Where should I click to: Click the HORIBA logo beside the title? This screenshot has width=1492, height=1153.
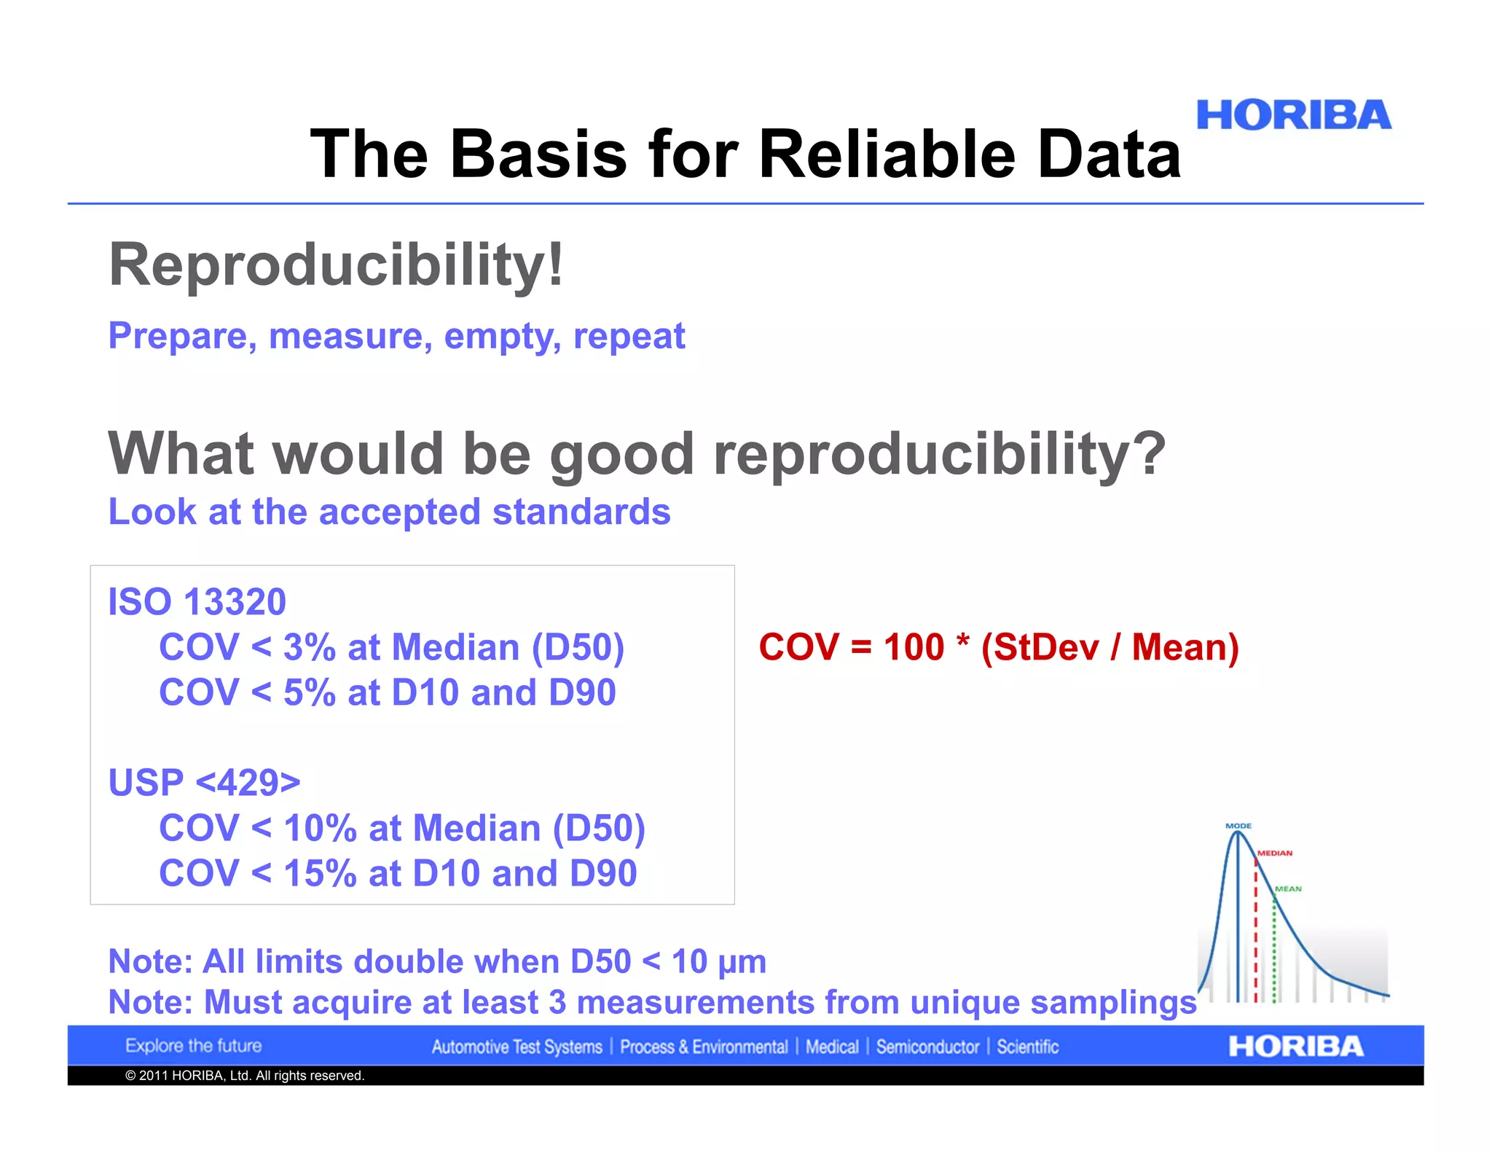[x=1293, y=116]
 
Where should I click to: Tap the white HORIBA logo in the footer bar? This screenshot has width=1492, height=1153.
[x=1295, y=1047]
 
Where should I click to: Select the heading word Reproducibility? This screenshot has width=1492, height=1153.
[x=336, y=265]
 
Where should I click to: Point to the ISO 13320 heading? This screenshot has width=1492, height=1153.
[x=197, y=602]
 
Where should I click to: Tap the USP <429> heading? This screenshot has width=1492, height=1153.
[x=204, y=783]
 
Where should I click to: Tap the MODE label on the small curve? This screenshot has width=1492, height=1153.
[x=1238, y=826]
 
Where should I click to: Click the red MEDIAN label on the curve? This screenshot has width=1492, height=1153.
[x=1274, y=853]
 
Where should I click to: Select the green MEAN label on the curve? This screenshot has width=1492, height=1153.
[x=1287, y=888]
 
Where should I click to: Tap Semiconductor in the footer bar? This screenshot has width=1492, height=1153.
[x=927, y=1047]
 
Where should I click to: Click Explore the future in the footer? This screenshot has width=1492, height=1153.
[x=193, y=1046]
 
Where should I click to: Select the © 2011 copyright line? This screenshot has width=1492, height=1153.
[x=244, y=1076]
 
